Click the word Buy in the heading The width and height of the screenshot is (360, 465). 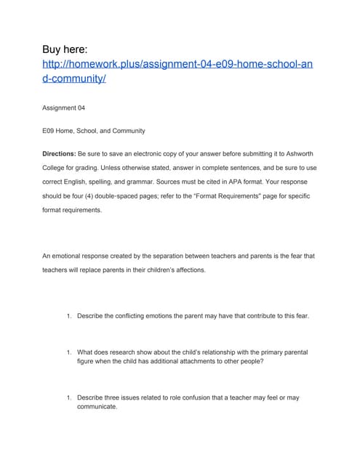click(x=56, y=49)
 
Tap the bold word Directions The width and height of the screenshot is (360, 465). click(x=59, y=155)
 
